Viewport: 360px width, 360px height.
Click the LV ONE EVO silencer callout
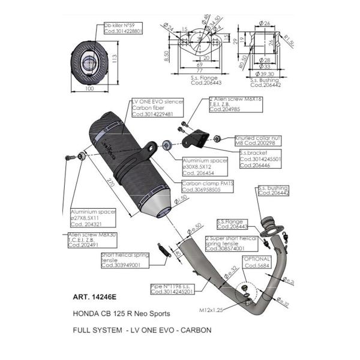[153, 108]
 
